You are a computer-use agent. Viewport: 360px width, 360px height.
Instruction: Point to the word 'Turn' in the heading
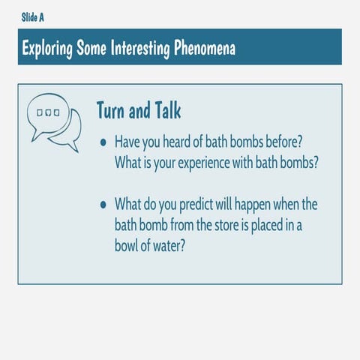[x=112, y=110]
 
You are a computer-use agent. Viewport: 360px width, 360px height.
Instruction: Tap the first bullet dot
[x=103, y=142]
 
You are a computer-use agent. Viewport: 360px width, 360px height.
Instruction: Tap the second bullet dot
[x=103, y=204]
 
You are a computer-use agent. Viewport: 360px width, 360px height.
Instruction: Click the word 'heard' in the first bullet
[x=193, y=142]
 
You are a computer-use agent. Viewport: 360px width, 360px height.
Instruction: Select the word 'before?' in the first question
[x=283, y=142]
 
